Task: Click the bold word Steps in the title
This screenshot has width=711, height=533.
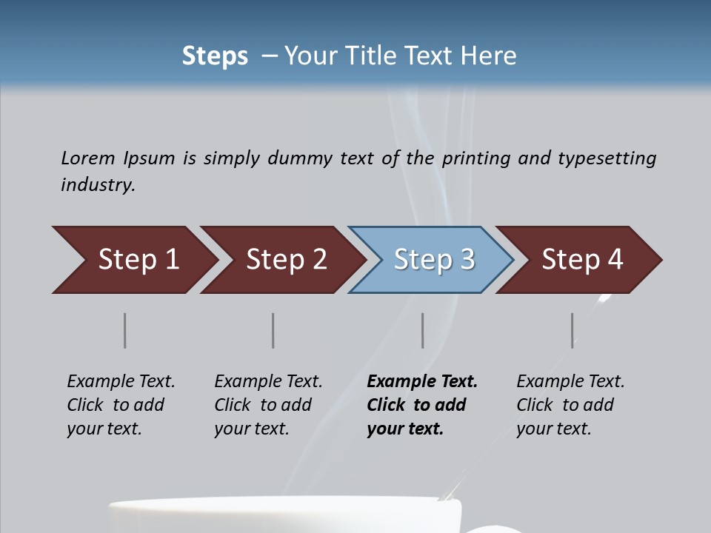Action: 215,56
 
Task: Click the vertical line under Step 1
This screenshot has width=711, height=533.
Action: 125,330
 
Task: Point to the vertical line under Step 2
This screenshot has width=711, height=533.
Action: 273,330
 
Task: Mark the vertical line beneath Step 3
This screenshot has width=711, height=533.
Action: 422,330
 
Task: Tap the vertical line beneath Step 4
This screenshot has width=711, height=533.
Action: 573,330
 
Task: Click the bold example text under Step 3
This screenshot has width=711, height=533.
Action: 421,405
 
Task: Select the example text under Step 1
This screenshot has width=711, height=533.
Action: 121,405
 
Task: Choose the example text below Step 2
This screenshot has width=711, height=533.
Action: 268,405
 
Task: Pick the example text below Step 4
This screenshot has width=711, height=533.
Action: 570,405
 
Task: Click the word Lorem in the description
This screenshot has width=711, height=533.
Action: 88,158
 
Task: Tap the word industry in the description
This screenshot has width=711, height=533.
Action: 98,185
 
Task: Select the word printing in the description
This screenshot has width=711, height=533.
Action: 476,158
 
